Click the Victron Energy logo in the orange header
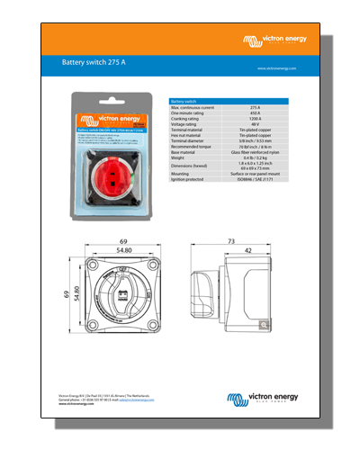tap(274, 40)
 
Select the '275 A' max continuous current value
tap(255, 108)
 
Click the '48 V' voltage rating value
tap(255, 125)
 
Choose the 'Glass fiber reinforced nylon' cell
tap(255, 152)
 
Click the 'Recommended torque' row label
tap(191, 147)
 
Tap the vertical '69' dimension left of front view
tap(65, 294)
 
